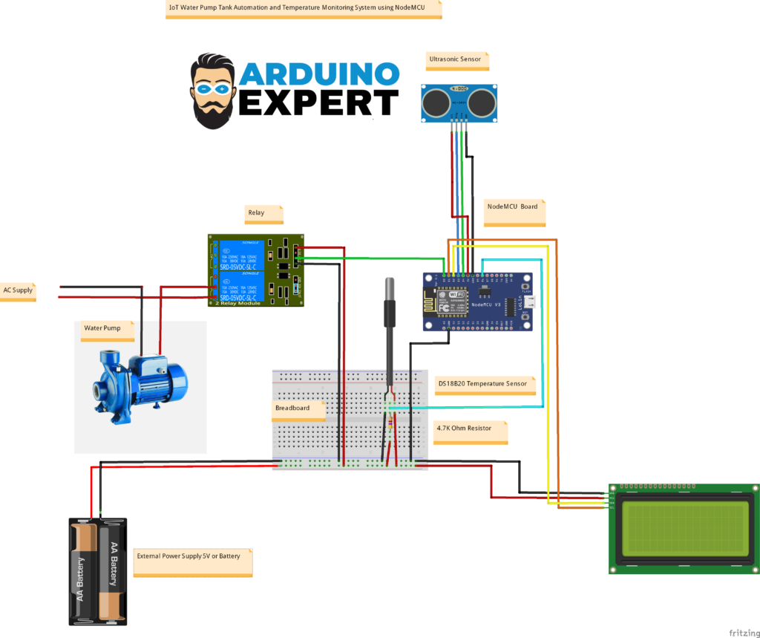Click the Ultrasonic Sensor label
pyautogui.click(x=455, y=59)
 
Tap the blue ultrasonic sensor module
pyautogui.click(x=459, y=102)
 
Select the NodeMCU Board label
pyautogui.click(x=511, y=206)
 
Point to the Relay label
pyautogui.click(x=256, y=212)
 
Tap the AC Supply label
pyautogui.click(x=18, y=290)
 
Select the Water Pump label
pyautogui.click(x=102, y=328)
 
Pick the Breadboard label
pyautogui.click(x=291, y=408)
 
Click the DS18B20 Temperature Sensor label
pyautogui.click(x=482, y=384)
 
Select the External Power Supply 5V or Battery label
pyautogui.click(x=189, y=556)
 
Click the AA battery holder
pyautogui.click(x=97, y=570)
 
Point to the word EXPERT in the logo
pyautogui.click(x=318, y=102)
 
